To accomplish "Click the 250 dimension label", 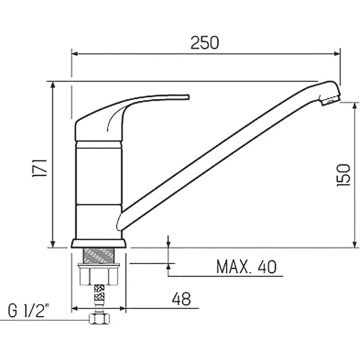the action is (x=205, y=43).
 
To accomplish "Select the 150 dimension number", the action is (x=343, y=175).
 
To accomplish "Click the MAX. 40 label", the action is (x=246, y=266).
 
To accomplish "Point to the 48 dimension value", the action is (x=181, y=299).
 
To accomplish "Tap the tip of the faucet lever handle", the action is (x=188, y=97).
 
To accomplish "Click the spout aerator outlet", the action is (x=331, y=100).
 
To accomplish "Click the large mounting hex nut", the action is (x=99, y=275).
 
